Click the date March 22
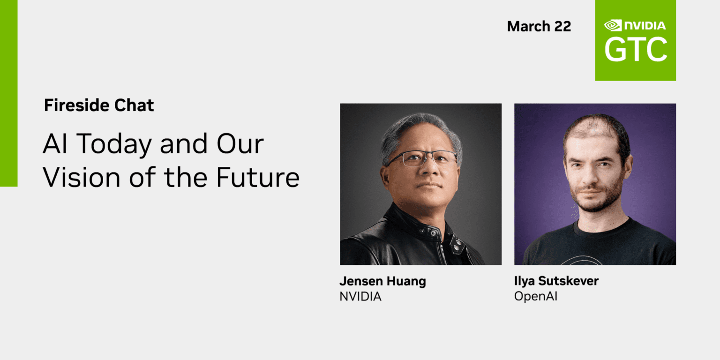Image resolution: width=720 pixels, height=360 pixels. [539, 26]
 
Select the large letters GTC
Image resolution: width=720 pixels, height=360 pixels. [635, 50]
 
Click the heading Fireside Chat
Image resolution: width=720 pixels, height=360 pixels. [99, 105]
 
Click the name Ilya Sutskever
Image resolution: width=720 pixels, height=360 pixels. [556, 281]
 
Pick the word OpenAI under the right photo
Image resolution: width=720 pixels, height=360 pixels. [536, 296]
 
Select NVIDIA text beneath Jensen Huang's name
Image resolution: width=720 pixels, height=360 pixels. [360, 296]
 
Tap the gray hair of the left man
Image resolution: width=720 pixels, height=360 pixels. [412, 127]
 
